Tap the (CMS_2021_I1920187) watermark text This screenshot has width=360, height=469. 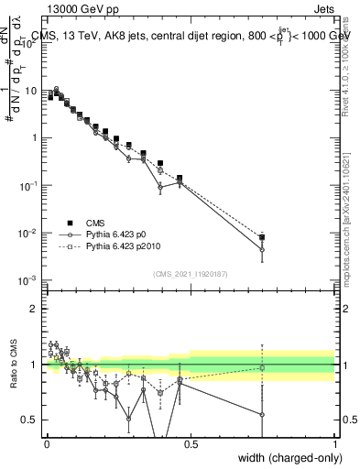191,273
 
